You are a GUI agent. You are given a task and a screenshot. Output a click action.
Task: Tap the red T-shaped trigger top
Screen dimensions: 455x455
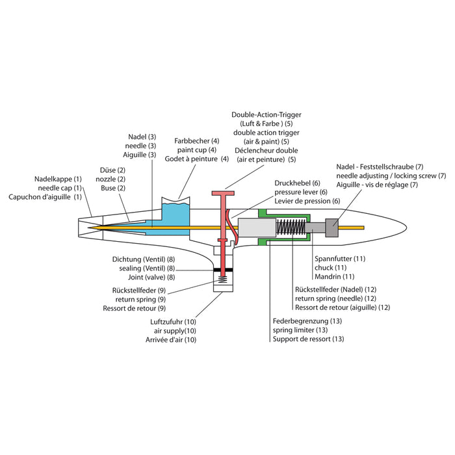(x=223, y=192)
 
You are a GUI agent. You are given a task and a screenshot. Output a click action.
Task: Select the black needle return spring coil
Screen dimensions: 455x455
(x=292, y=227)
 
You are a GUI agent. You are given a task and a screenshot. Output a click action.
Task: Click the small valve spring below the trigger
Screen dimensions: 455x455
(x=222, y=281)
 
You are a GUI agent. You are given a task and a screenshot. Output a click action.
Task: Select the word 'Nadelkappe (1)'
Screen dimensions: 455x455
(x=58, y=179)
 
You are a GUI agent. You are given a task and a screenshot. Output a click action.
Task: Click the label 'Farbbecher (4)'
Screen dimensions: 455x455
(x=197, y=141)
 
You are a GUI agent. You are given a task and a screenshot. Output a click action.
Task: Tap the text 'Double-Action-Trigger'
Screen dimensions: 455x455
(x=266, y=115)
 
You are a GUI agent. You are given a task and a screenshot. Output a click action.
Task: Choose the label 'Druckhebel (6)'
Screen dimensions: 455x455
(x=298, y=183)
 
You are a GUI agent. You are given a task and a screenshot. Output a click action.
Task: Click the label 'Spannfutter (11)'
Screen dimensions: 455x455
(x=339, y=258)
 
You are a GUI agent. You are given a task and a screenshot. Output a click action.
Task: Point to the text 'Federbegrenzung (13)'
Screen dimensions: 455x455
(x=307, y=320)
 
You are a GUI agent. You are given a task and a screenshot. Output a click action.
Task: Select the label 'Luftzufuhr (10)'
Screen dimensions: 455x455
(x=172, y=321)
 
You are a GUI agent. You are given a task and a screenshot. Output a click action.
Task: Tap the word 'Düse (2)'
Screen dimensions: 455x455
(x=112, y=170)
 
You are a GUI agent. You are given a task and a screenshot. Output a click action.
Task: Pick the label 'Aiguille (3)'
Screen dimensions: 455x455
(x=139, y=155)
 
